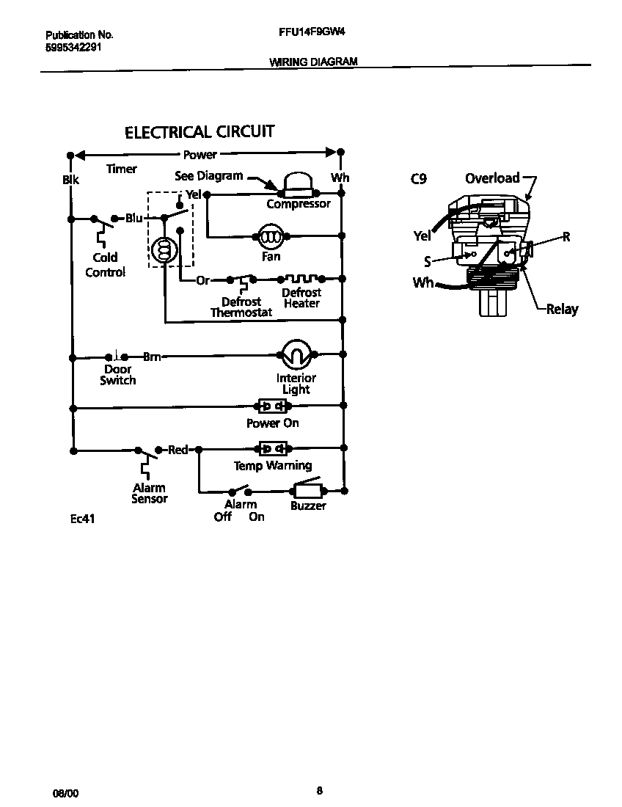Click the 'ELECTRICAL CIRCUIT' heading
point(200,132)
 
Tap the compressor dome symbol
point(298,183)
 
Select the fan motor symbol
point(271,236)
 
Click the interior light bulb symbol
point(297,355)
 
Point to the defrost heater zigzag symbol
point(301,279)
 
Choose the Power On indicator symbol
point(272,406)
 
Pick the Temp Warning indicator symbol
point(272,448)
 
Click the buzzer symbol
point(308,490)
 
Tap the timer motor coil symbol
point(164,250)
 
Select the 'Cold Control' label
point(105,265)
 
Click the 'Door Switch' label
point(117,375)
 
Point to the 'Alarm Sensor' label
point(149,493)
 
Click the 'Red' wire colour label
point(178,449)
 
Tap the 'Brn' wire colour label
point(152,357)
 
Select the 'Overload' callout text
point(492,178)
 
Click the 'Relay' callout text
point(562,309)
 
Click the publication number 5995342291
point(73,46)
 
